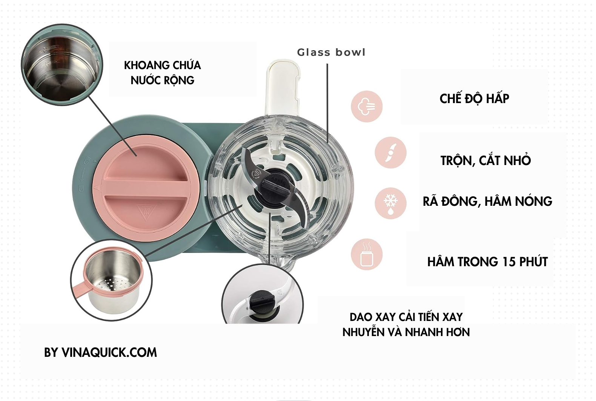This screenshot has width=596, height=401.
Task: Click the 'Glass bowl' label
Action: click(x=331, y=52)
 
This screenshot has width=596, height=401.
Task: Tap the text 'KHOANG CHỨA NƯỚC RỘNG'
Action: click(x=163, y=72)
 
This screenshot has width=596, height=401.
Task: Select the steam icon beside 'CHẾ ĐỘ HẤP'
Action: click(x=366, y=106)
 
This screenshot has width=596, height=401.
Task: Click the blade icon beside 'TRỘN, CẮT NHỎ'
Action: click(x=390, y=153)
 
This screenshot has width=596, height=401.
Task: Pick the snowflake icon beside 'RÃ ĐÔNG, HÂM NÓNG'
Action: click(x=390, y=203)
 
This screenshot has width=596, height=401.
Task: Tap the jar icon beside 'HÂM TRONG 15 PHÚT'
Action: click(x=366, y=254)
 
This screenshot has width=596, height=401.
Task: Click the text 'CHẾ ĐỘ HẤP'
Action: click(x=474, y=99)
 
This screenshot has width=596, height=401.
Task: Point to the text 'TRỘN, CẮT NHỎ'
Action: click(x=485, y=160)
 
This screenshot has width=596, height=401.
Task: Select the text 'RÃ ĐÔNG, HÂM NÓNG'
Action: click(x=487, y=201)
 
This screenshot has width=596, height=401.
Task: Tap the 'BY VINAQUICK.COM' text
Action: click(x=100, y=352)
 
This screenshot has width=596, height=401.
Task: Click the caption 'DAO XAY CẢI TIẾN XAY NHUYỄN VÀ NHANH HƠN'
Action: click(x=406, y=324)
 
